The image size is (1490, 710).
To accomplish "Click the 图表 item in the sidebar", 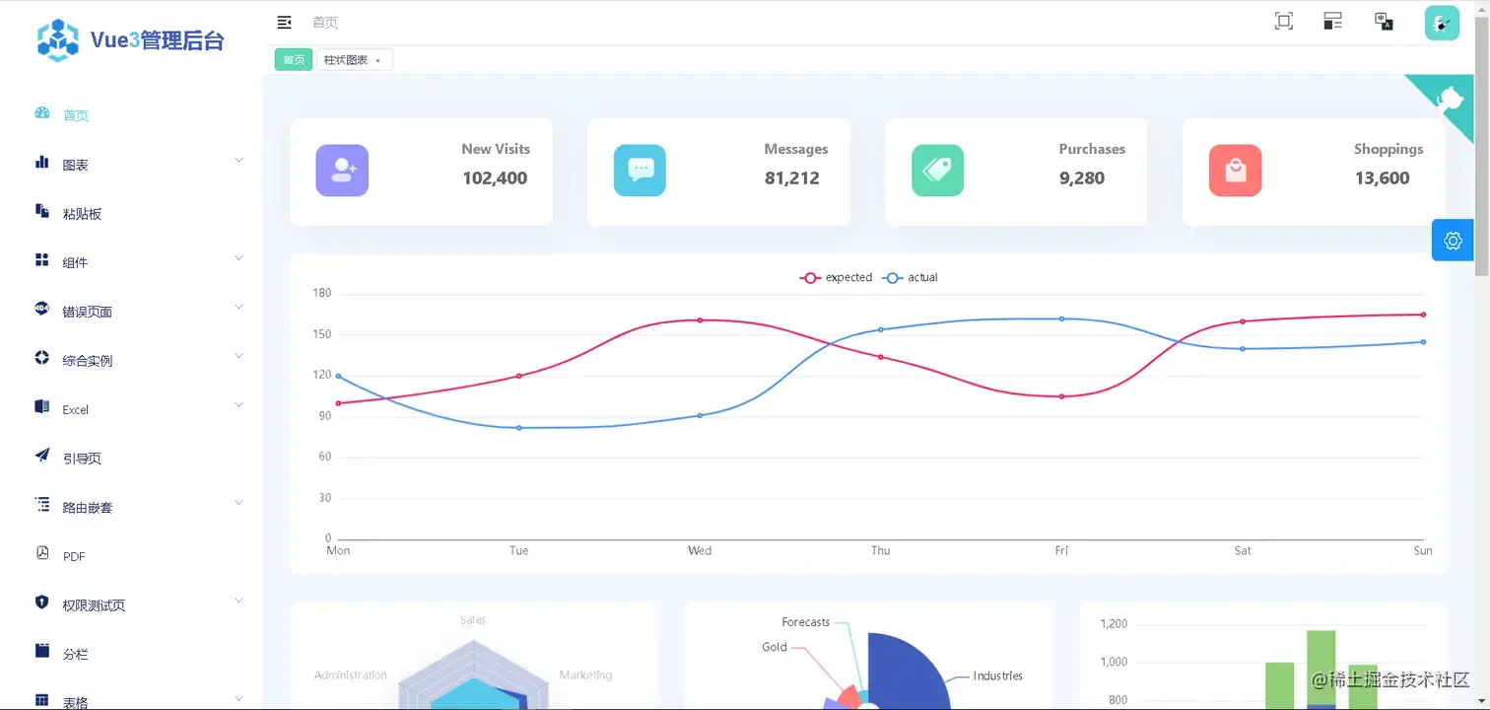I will (x=75, y=165).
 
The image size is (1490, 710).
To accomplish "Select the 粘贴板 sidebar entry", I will (x=82, y=214).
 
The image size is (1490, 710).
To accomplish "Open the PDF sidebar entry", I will (x=74, y=556).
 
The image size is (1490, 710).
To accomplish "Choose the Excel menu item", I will (x=75, y=409).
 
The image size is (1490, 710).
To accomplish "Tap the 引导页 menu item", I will (x=82, y=459).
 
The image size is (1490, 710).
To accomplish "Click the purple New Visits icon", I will (x=342, y=171).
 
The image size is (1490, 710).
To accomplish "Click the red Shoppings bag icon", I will (x=1235, y=171).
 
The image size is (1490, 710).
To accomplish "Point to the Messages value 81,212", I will (x=791, y=178).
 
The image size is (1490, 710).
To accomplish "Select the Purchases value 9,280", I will (x=1082, y=178).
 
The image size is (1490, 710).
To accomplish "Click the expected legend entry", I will (x=836, y=278).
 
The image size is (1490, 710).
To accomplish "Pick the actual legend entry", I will (x=911, y=278).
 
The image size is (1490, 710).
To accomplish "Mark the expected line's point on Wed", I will (x=700, y=319).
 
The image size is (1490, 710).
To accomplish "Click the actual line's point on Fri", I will (x=1061, y=319).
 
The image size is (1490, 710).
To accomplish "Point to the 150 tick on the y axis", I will (x=321, y=334).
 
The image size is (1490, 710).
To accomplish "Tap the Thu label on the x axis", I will (x=880, y=550).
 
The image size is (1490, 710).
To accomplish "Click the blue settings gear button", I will (x=1453, y=241).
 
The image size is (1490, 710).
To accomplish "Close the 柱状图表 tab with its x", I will (x=377, y=61).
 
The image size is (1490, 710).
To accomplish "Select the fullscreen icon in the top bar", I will (x=1283, y=22).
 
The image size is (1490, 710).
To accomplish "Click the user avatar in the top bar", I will (x=1441, y=23).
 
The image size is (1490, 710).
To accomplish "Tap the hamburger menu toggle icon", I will (x=284, y=22).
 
